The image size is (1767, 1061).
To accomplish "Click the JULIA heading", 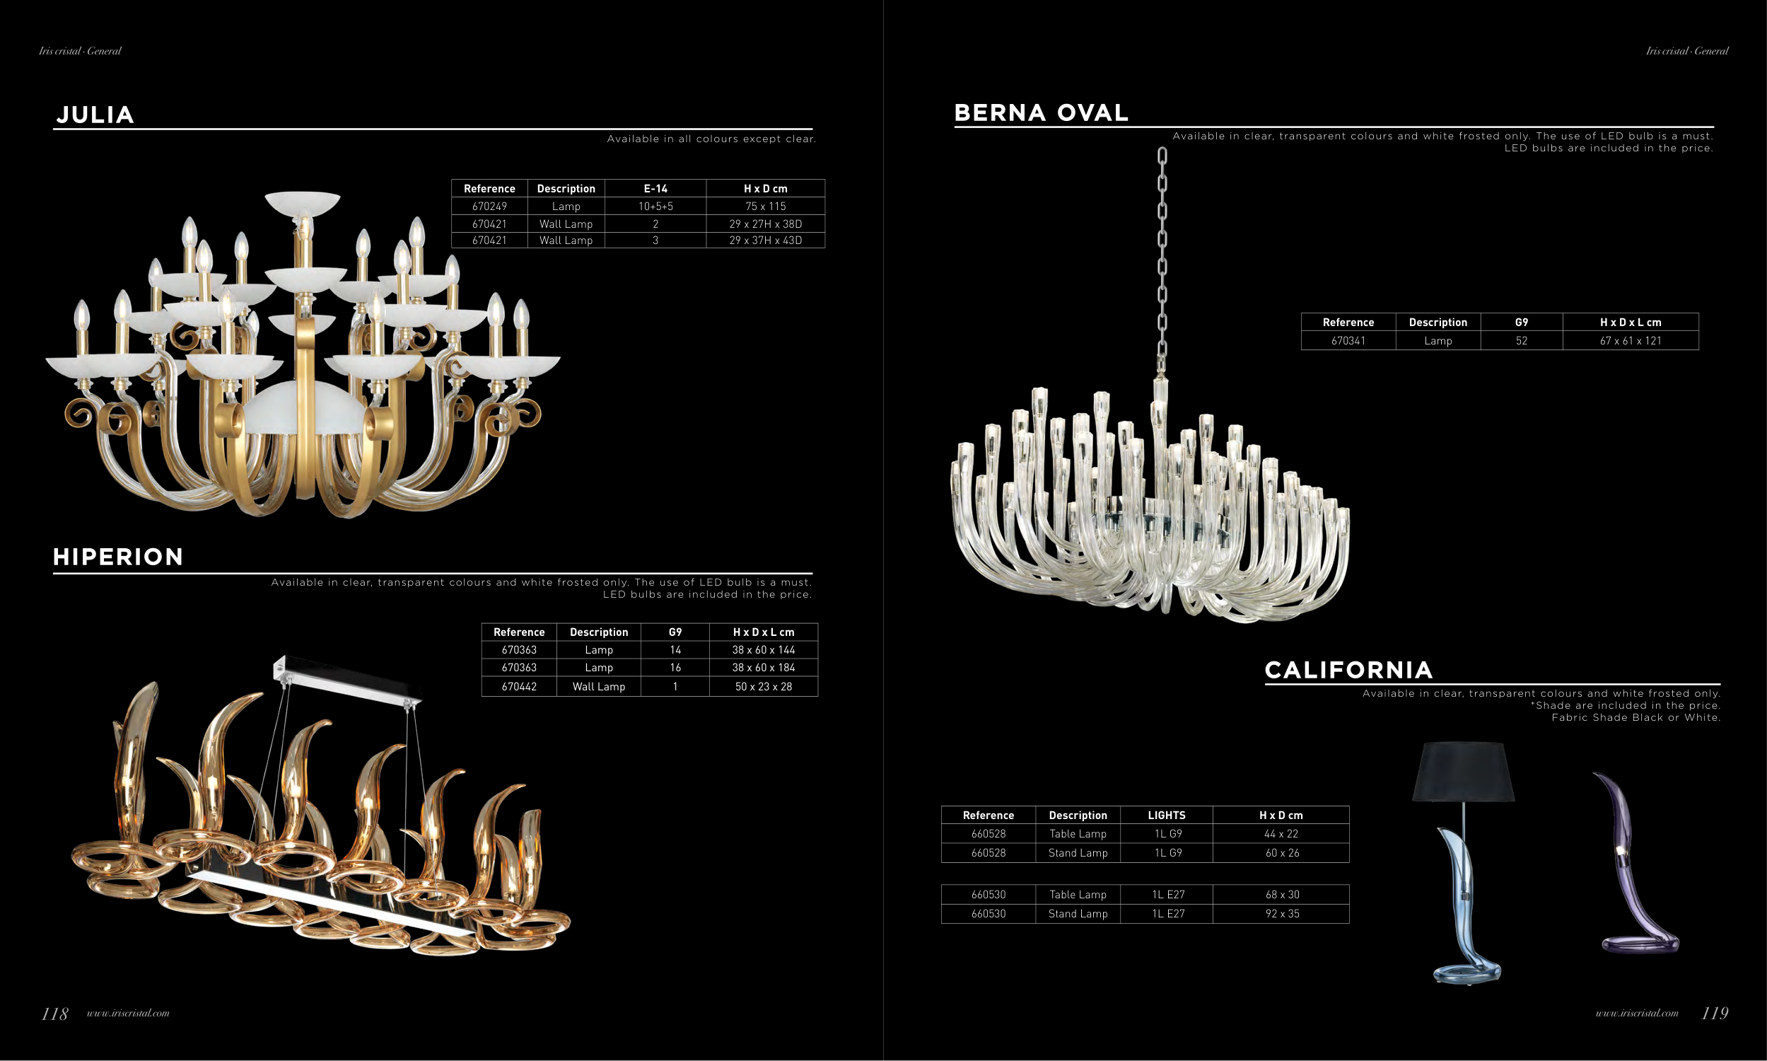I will click(x=95, y=115).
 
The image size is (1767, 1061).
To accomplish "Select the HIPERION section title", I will click(x=118, y=557).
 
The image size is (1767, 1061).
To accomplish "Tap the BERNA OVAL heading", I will click(x=1041, y=113).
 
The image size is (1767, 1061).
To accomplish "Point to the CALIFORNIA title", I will click(x=1348, y=670).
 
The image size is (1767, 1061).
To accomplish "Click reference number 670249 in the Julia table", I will click(x=489, y=207).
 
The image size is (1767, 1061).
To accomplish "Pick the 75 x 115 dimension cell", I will click(x=765, y=207).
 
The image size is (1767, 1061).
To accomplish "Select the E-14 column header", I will click(x=655, y=189).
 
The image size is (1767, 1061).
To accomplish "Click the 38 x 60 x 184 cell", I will click(x=763, y=668).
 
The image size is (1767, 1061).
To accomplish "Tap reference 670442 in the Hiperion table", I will click(x=519, y=686).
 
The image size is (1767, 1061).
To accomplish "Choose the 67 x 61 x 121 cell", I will click(x=1631, y=341).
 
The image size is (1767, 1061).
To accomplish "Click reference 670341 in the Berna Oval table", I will click(x=1348, y=341).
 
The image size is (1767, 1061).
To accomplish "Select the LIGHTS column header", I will click(x=1166, y=815).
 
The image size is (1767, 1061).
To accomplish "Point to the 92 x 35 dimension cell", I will click(x=1282, y=914).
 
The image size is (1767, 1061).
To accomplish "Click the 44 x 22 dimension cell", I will click(x=1281, y=834).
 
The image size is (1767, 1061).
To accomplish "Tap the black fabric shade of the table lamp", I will click(x=1463, y=772).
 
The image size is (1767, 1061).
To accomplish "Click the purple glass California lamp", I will click(x=1633, y=872).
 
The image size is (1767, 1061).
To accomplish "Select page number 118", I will click(x=54, y=1014).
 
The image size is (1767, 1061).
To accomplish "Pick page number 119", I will click(x=1715, y=1013).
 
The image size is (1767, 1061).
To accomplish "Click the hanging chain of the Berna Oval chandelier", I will click(x=1162, y=257).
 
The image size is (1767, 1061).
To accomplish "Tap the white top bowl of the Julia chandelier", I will click(x=302, y=202).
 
